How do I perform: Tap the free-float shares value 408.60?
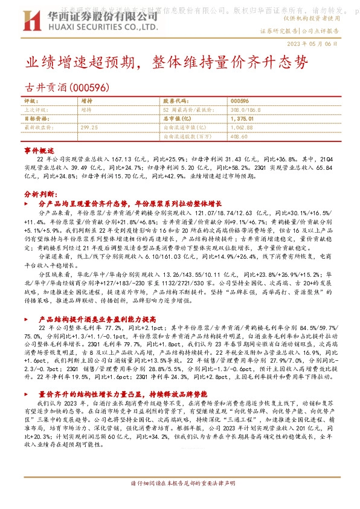click(x=240, y=137)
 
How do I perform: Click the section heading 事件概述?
click(x=39, y=149)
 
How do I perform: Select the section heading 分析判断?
click(x=39, y=195)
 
